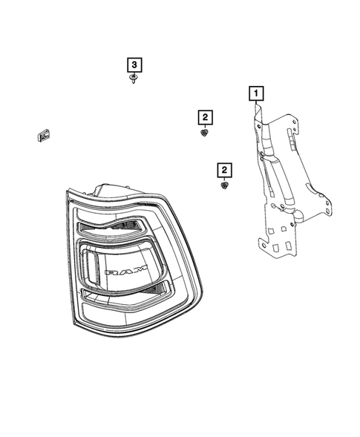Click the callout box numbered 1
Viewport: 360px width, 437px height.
[x=255, y=94]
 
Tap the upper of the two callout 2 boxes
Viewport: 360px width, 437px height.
[x=203, y=116]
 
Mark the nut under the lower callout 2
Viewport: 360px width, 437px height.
[x=223, y=187]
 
